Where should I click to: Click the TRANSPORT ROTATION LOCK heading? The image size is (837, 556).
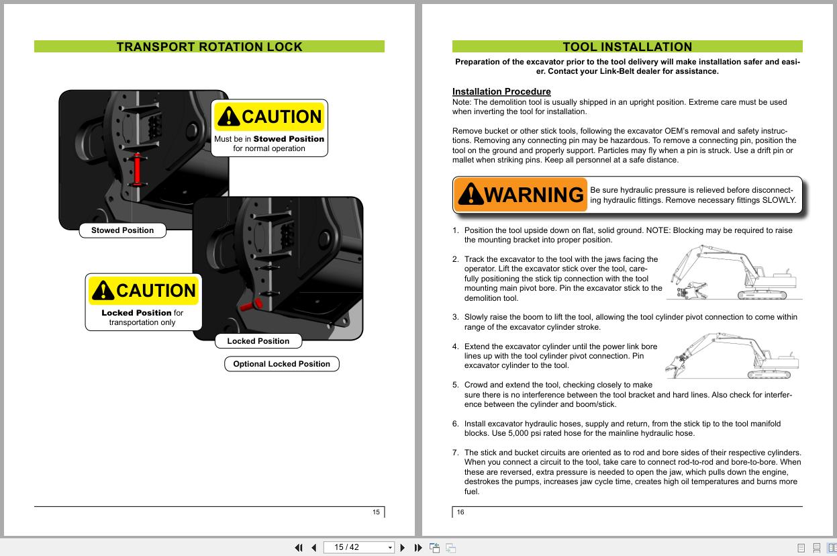[209, 47]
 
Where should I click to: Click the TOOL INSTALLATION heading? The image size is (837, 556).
[627, 47]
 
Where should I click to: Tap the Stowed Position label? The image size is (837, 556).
[122, 230]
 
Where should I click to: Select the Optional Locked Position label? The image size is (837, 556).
[281, 364]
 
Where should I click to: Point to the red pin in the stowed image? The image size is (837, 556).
[138, 169]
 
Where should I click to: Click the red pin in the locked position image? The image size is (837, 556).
[250, 305]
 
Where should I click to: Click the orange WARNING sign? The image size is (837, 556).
[520, 195]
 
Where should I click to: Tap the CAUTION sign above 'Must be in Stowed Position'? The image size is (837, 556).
[269, 117]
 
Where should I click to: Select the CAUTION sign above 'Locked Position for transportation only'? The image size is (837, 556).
[144, 291]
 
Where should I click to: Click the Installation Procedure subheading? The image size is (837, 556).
[501, 91]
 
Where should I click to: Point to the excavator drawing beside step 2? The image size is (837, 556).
[735, 273]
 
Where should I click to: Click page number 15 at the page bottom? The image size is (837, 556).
[376, 512]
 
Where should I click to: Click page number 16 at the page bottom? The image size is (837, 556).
[460, 512]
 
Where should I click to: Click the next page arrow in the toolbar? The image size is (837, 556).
[402, 547]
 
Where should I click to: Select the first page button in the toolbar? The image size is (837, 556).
[299, 547]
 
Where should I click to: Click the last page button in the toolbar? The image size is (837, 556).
[418, 547]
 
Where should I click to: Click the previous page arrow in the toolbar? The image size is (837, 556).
[313, 547]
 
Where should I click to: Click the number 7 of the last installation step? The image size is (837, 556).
[455, 453]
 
